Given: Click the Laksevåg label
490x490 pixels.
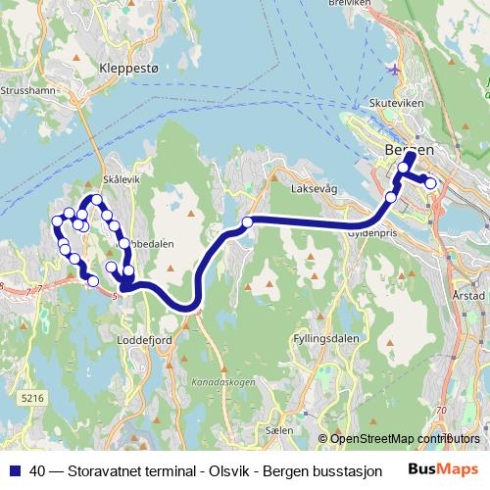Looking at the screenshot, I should tap(316, 190).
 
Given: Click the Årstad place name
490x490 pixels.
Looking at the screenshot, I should tap(470, 295).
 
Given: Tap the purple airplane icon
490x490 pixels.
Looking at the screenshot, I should tap(394, 70).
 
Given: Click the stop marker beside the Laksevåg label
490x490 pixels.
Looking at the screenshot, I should tap(248, 222).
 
